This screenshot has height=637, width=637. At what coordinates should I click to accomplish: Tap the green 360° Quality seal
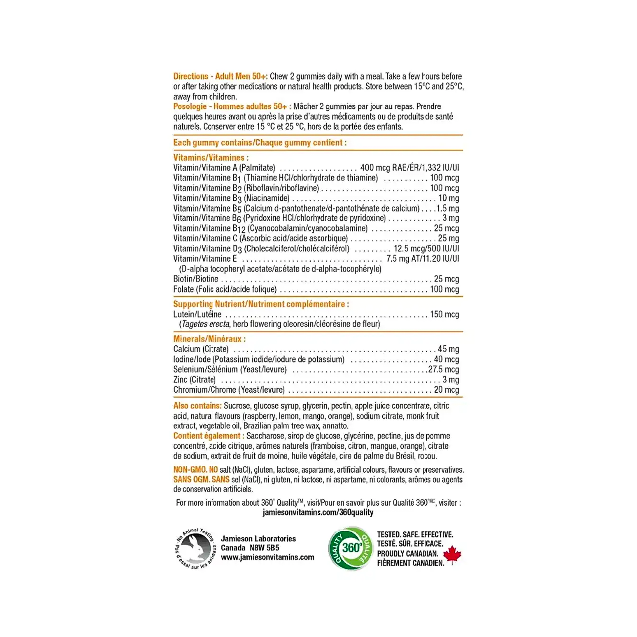click(x=351, y=548)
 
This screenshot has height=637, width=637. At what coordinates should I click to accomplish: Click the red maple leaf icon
click(x=452, y=555)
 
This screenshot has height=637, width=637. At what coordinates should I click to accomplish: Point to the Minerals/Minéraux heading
click(x=210, y=339)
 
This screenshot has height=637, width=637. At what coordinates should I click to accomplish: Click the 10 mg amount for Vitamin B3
click(x=448, y=198)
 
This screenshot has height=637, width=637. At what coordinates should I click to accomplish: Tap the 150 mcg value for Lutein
click(x=444, y=314)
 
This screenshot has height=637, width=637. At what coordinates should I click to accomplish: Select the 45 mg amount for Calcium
click(x=448, y=349)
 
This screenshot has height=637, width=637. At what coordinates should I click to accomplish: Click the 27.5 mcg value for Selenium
click(x=443, y=369)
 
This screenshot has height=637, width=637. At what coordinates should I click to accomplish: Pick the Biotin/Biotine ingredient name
click(x=196, y=279)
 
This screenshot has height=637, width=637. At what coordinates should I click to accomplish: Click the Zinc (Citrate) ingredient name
click(x=195, y=380)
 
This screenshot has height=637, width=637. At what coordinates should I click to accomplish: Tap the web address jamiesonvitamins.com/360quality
click(x=318, y=512)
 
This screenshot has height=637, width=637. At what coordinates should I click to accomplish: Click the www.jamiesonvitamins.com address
click(x=267, y=557)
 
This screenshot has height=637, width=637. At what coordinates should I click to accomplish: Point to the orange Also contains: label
click(x=198, y=406)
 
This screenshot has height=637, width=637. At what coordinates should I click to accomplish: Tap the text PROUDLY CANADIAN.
click(x=408, y=553)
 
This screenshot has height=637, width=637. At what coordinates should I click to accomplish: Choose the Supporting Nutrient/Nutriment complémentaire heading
click(x=261, y=304)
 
